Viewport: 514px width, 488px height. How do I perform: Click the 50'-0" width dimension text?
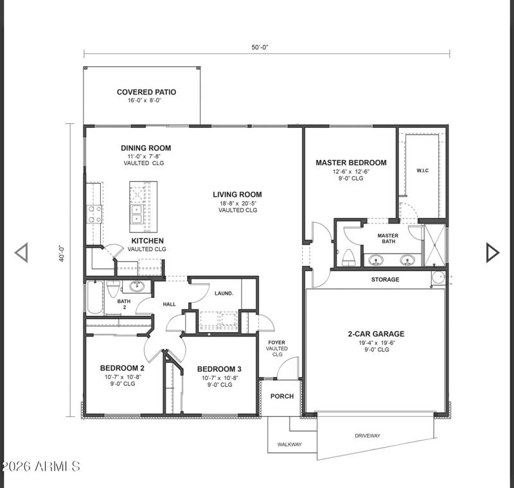[x=260, y=47]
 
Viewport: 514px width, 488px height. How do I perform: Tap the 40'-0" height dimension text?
[x=62, y=254]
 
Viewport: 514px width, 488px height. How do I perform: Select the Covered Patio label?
[x=146, y=92]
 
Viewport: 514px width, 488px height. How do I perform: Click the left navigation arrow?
[x=22, y=252]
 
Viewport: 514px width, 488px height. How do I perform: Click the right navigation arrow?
[x=492, y=252]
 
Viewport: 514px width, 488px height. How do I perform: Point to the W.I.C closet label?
[x=422, y=171]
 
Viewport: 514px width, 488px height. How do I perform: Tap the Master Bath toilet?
[x=348, y=257]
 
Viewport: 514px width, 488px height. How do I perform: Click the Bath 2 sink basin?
[x=137, y=286]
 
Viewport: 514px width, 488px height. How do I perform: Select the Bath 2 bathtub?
[x=95, y=297]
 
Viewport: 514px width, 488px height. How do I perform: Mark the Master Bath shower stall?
[x=435, y=245]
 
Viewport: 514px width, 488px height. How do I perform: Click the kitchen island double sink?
[x=136, y=214]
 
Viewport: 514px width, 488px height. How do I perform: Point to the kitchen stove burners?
[x=94, y=214]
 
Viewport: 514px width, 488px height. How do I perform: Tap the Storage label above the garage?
[x=385, y=279]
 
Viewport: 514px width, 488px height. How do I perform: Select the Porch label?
[x=282, y=396]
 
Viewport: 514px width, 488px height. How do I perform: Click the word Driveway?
[x=368, y=435]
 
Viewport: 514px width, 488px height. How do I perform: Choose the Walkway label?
[x=290, y=444]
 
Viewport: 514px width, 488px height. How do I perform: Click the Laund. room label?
[x=224, y=293]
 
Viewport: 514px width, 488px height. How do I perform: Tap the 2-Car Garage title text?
[x=376, y=334]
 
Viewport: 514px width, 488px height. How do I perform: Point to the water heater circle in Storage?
[x=438, y=277]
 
